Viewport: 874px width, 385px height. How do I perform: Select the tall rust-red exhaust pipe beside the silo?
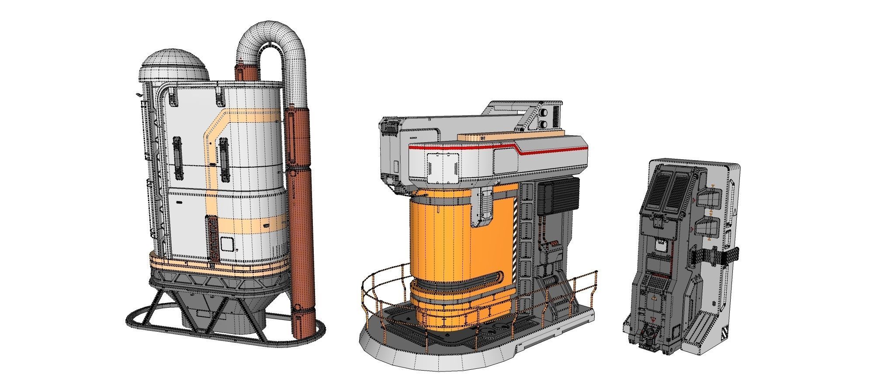[x=302, y=218]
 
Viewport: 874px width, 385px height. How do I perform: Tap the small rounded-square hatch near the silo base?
[x=227, y=244]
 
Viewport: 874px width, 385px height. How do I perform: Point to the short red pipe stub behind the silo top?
[x=246, y=72]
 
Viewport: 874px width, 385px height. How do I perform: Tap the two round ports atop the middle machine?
[x=545, y=118]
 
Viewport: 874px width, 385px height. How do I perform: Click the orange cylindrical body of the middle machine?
[x=441, y=244]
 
